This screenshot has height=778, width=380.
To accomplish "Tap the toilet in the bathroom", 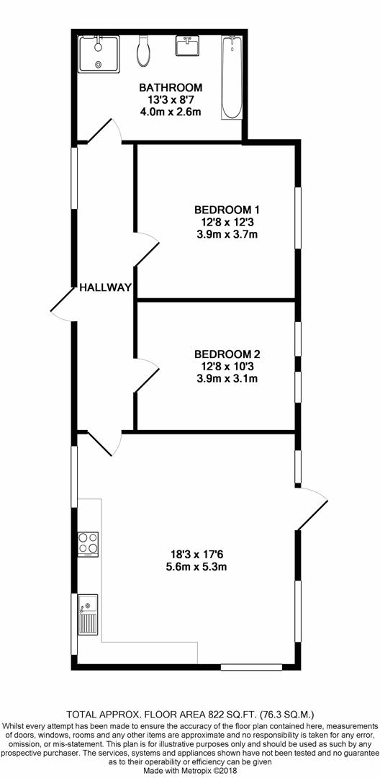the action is (x=143, y=51).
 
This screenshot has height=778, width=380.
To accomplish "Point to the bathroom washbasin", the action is (x=187, y=45).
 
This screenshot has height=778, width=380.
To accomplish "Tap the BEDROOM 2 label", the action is (x=227, y=354).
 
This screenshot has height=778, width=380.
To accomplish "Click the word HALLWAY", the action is (x=106, y=287).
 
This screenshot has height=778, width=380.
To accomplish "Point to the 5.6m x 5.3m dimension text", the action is (x=196, y=567).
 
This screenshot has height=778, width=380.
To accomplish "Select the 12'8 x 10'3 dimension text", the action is (x=227, y=367).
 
